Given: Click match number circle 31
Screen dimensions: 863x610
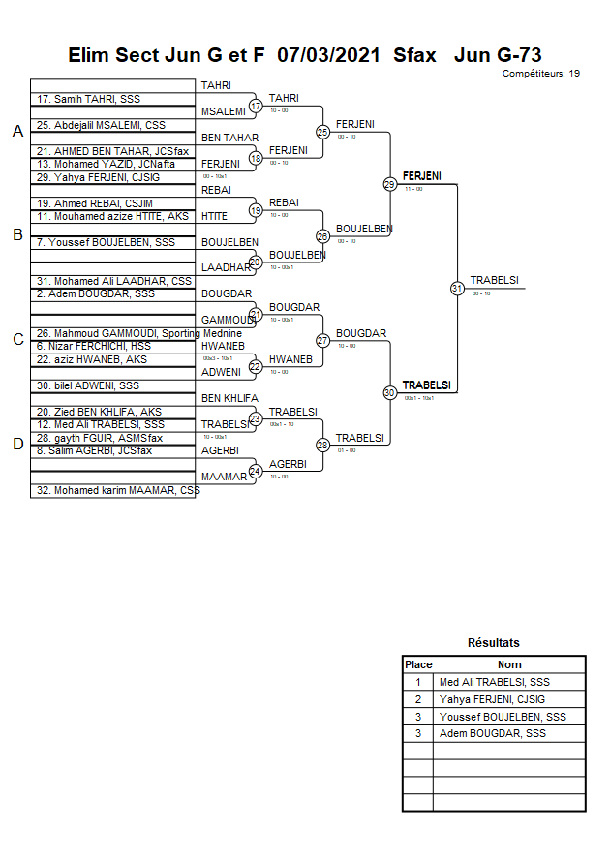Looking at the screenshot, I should [457, 288].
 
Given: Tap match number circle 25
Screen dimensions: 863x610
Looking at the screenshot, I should [322, 132].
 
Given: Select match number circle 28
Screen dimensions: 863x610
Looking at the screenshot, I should [322, 445].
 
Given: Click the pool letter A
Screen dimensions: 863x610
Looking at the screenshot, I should [17, 132].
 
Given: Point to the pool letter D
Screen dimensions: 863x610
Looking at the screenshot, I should [17, 445].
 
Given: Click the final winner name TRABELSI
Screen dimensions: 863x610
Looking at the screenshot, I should [495, 281].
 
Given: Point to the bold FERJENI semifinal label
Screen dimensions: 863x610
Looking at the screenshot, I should [422, 176].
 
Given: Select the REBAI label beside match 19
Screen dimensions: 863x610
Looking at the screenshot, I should [284, 202].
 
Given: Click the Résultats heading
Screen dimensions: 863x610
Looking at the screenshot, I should [494, 642].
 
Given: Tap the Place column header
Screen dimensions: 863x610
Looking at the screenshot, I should [418, 664].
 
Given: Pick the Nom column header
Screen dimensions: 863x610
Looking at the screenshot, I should [509, 664].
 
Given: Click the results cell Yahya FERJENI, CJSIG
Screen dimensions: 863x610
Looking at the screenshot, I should [499, 699].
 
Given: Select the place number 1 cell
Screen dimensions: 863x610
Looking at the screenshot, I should [418, 682].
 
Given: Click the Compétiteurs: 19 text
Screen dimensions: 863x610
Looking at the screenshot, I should [541, 73].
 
